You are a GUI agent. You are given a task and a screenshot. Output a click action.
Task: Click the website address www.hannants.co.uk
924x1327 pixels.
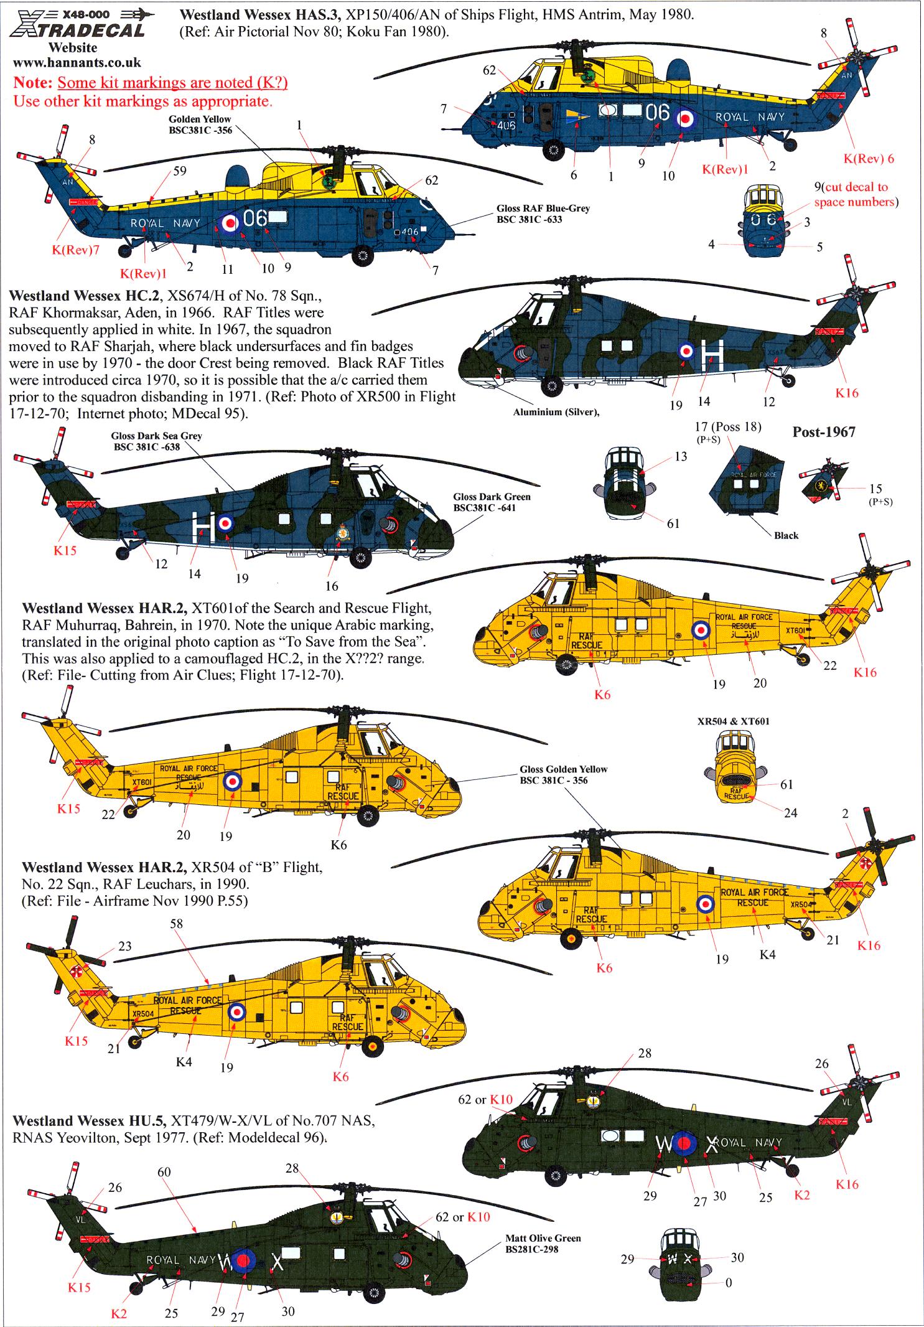point(77,62)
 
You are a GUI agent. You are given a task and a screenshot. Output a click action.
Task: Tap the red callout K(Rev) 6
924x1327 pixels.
point(869,159)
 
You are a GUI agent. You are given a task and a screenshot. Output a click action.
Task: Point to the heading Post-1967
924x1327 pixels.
point(823,432)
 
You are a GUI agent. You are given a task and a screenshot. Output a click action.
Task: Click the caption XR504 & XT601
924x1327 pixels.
point(734,721)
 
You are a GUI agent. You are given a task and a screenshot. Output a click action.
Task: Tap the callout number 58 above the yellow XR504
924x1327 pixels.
point(177,924)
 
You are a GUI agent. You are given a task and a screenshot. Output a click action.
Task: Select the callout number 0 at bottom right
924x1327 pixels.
point(729,1277)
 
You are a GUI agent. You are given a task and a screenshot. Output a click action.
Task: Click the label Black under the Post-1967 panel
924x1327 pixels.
point(786,535)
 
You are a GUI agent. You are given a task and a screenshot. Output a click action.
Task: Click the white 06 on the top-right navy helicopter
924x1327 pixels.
point(658,113)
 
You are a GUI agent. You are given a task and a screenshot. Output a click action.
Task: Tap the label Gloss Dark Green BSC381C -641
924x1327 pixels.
point(492,502)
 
